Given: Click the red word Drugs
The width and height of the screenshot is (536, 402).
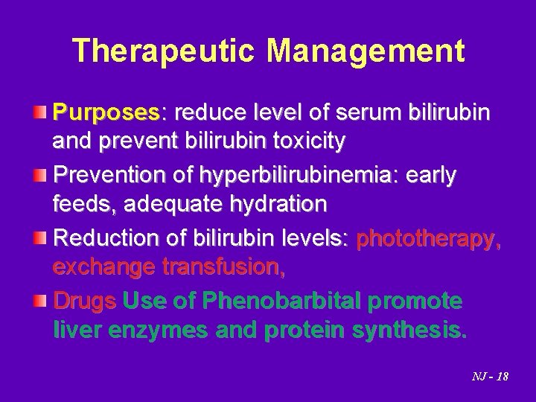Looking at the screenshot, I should point(85,302).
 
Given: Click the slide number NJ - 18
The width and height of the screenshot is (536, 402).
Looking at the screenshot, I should point(491,377).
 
